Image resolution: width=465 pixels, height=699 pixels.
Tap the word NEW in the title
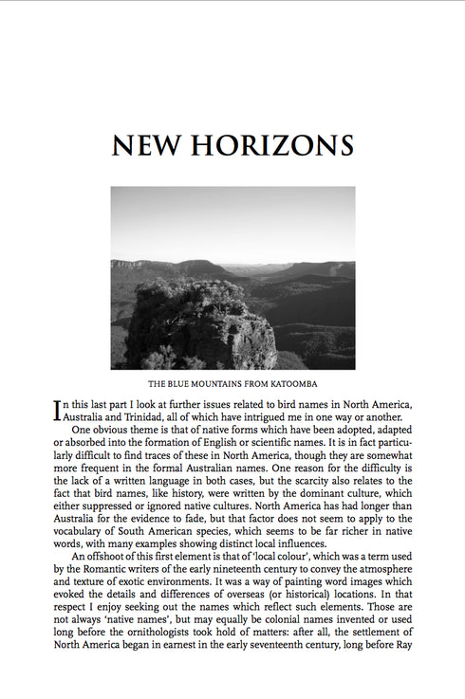148,146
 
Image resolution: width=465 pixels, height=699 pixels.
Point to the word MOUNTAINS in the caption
216,385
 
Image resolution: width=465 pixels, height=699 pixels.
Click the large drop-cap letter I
59,411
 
